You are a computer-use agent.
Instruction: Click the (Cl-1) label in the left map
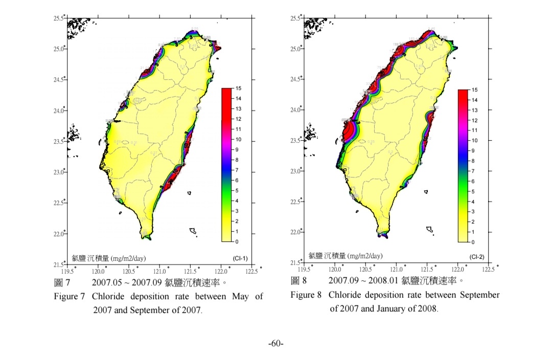pos(240,259)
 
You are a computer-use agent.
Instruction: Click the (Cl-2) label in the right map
pos(477,257)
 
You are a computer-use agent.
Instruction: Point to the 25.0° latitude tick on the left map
pos(59,49)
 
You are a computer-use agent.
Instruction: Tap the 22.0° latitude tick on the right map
pos(296,232)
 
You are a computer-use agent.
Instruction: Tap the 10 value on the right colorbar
pos(474,140)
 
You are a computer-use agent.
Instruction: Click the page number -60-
pos(276,344)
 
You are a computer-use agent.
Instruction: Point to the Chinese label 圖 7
pos(62,282)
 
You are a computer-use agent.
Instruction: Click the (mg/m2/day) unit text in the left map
pos(128,259)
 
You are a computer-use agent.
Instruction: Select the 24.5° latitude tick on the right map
pos(296,79)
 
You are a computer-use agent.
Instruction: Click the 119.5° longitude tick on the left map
pos(67,271)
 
